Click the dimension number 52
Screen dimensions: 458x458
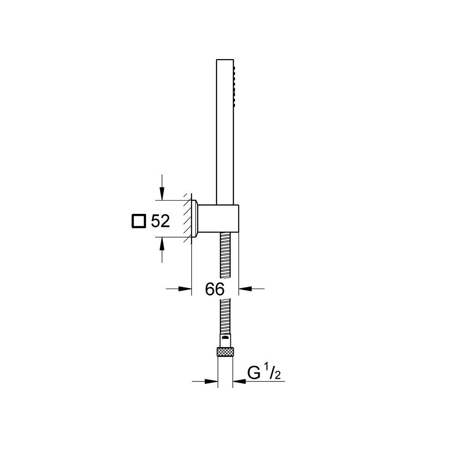click(160, 221)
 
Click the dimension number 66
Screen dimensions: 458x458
click(215, 289)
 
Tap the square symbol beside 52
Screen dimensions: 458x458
click(138, 221)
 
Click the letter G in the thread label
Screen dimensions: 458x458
click(254, 372)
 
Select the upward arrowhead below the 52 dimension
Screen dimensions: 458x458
click(162, 244)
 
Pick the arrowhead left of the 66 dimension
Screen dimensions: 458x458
click(185, 289)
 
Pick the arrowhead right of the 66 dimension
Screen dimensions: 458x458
click(245, 289)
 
